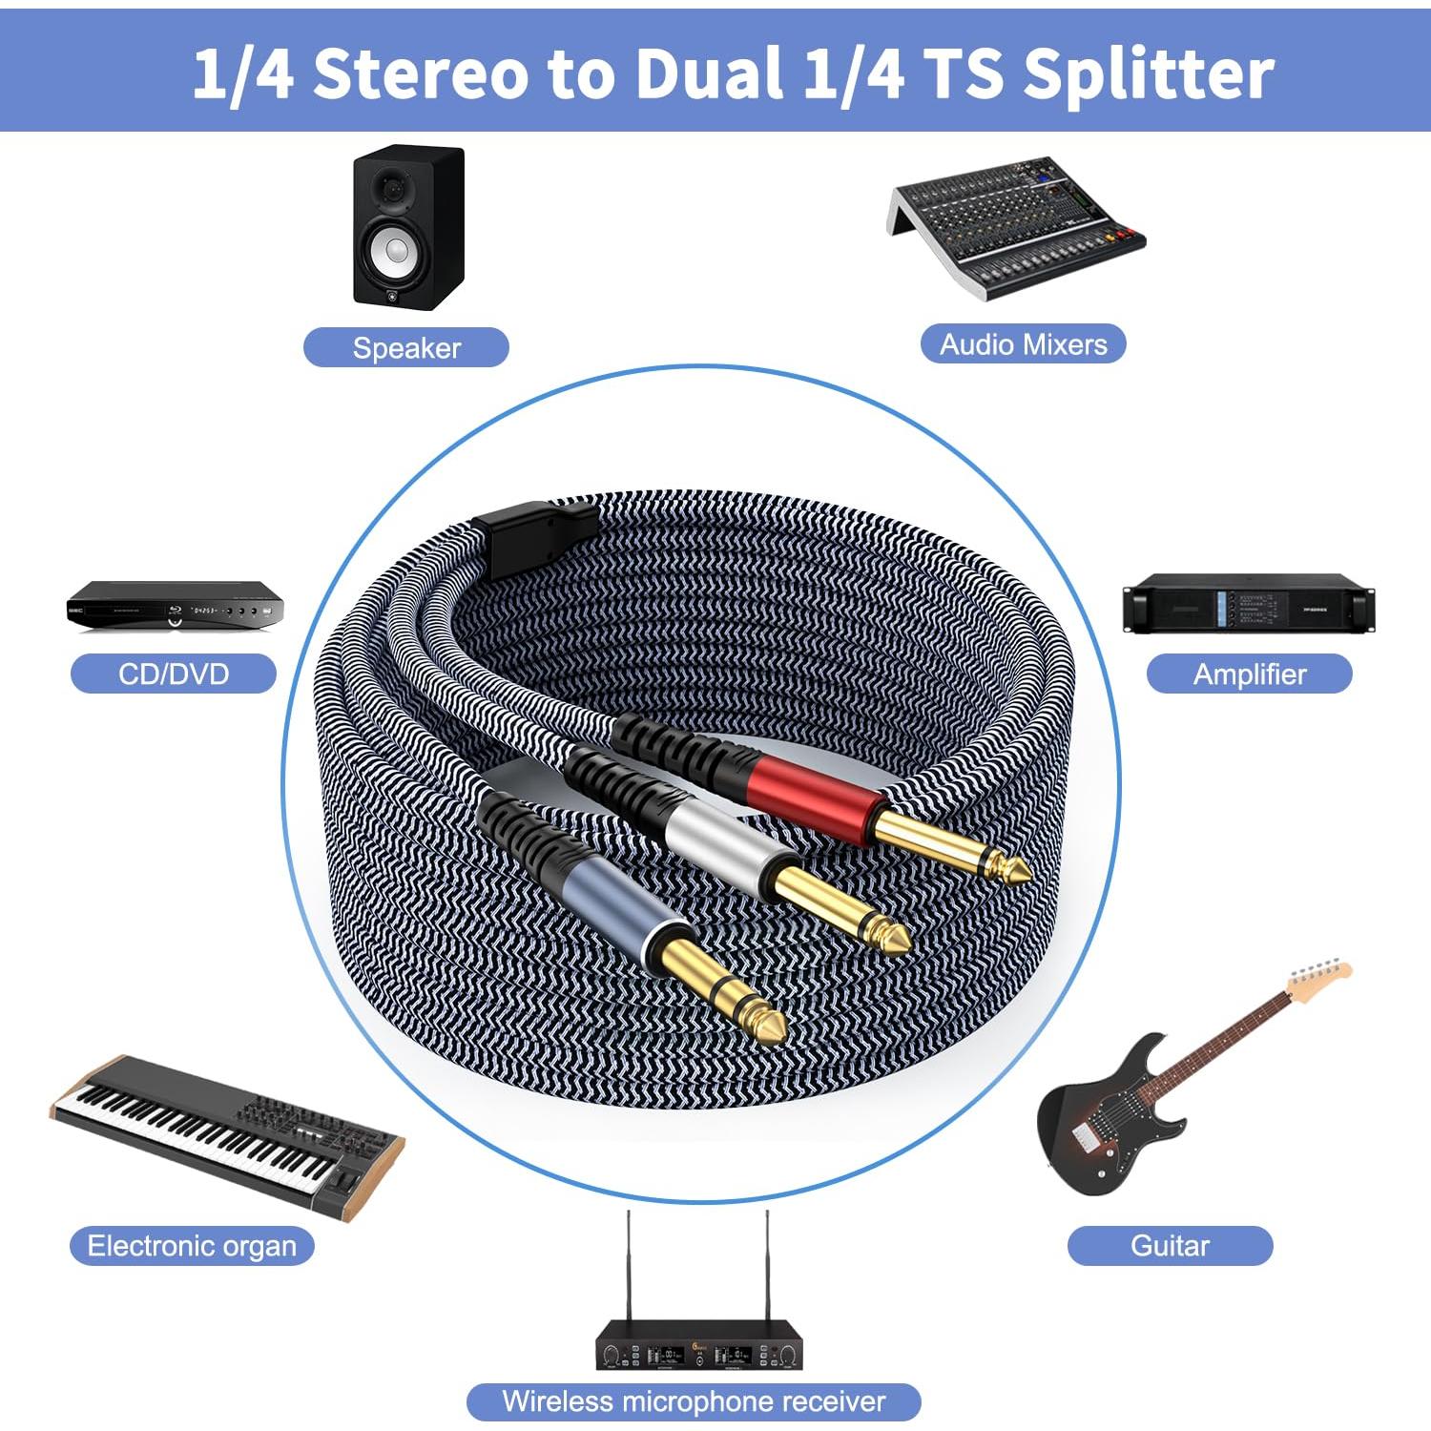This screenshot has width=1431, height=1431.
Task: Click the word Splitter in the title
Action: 1149,74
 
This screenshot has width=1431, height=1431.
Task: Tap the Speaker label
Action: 406,347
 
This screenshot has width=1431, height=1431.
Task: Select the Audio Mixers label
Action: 1023,343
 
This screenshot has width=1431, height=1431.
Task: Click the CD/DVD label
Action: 174,674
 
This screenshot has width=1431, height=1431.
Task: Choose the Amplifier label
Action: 1249,674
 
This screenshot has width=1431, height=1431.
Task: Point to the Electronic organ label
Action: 192,1246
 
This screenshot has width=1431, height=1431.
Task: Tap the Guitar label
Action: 1170,1246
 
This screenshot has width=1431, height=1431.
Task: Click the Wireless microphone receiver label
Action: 694,1401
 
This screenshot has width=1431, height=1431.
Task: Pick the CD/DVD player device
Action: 175,606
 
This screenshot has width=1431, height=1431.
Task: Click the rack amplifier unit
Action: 1249,604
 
